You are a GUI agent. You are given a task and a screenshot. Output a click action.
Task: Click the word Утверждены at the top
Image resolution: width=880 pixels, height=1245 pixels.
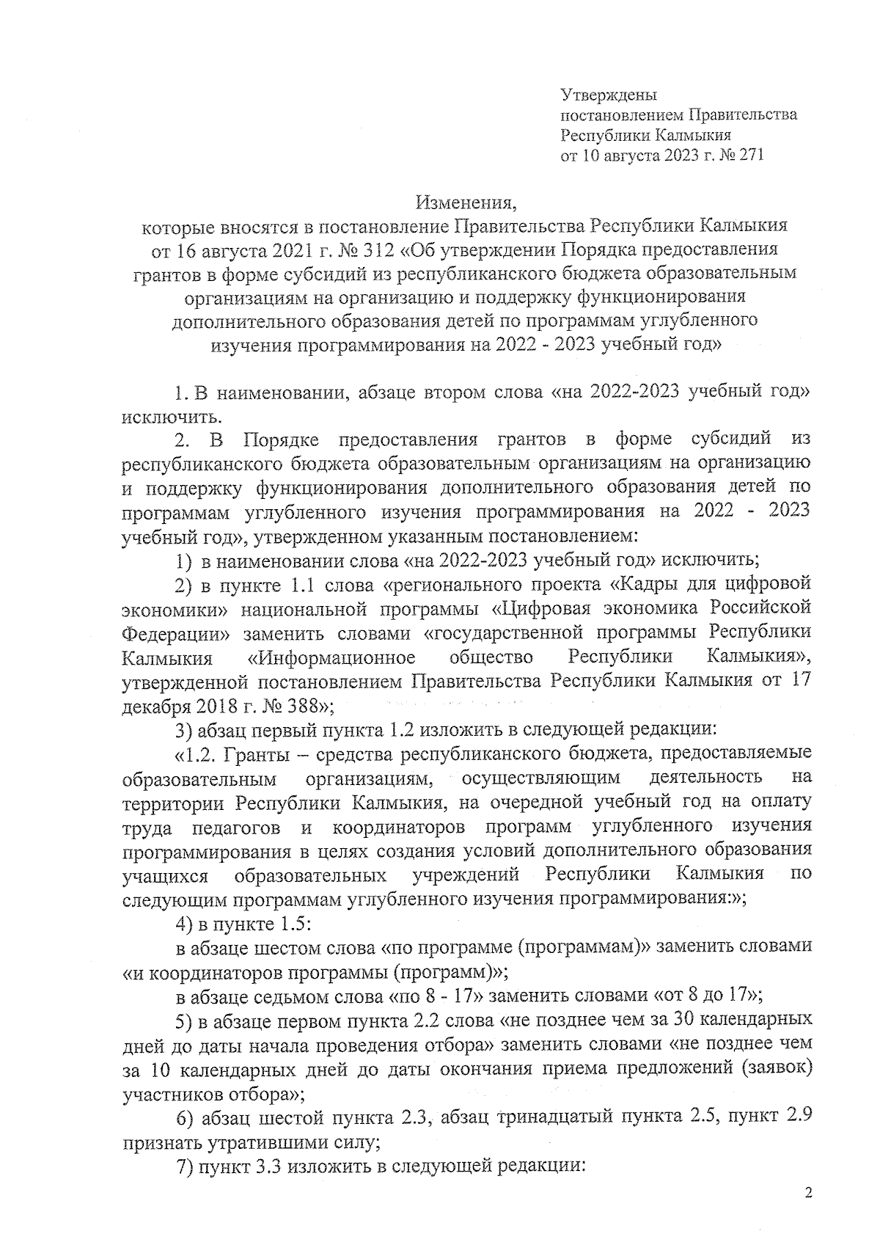point(608,95)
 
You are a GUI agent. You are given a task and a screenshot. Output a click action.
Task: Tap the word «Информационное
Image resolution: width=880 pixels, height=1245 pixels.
point(331,657)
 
